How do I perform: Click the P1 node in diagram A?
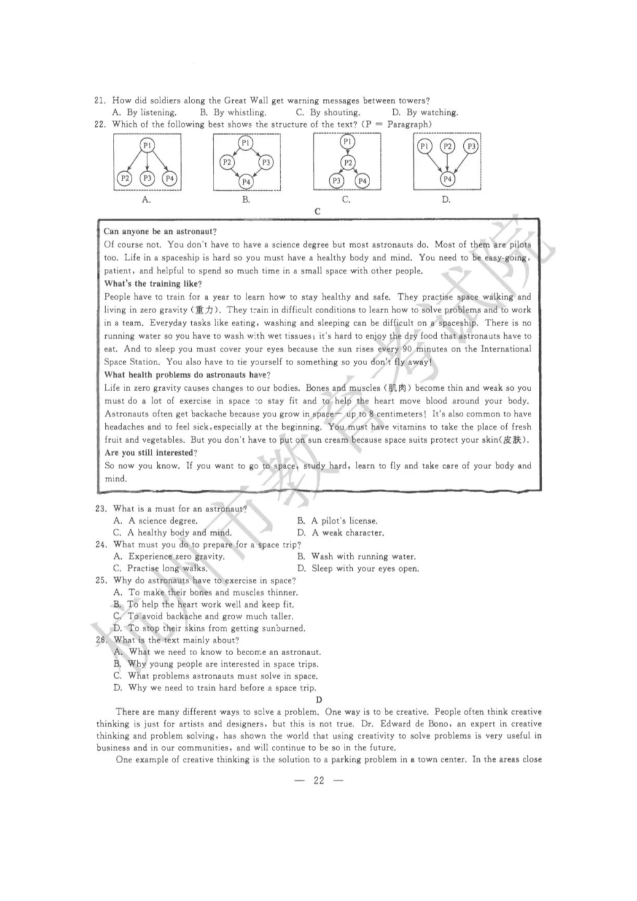(147, 146)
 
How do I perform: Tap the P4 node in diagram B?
(246, 182)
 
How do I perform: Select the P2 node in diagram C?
(347, 163)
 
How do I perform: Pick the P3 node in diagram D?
(471, 146)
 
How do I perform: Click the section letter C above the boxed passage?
(318, 211)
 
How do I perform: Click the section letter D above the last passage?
(319, 699)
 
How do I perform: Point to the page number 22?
(319, 780)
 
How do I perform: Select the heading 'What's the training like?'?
(153, 283)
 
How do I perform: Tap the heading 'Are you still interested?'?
(150, 452)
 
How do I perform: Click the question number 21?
(99, 100)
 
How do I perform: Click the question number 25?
(101, 580)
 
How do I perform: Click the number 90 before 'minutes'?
(407, 348)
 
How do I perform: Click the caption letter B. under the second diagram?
(246, 200)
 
